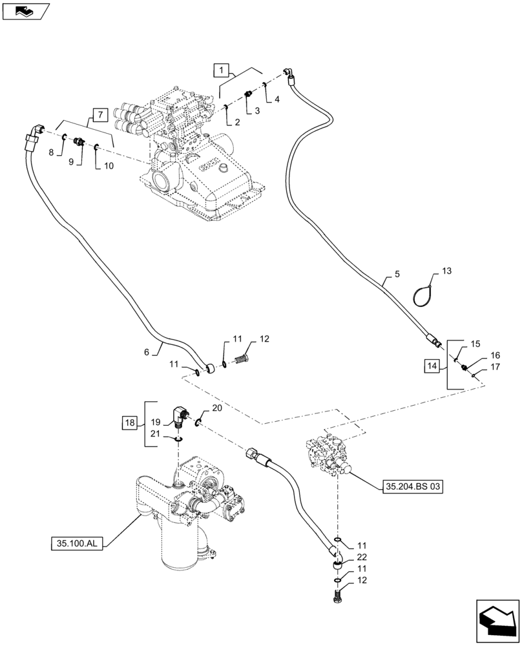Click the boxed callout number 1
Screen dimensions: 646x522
point(220,70)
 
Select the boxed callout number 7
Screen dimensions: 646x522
point(100,116)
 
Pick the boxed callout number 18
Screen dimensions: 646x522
point(129,423)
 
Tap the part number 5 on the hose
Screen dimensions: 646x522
point(397,274)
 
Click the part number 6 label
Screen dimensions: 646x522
point(147,352)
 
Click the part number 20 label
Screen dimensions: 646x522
point(217,408)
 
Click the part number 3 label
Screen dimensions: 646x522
point(257,111)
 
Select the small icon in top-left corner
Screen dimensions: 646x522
point(25,11)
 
